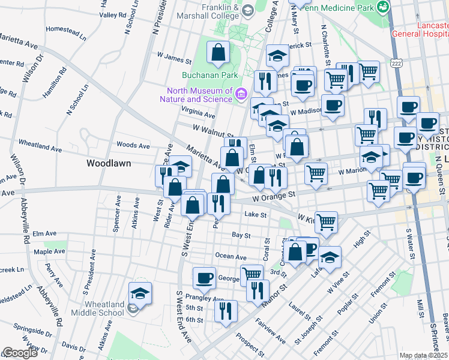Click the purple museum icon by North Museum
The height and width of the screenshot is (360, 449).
pyautogui.click(x=241, y=94)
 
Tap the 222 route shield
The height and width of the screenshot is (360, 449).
pyautogui.click(x=396, y=62)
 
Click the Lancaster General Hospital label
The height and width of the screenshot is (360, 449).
pyautogui.click(x=420, y=30)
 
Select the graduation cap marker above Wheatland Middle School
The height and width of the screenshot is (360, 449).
pyautogui.click(x=140, y=293)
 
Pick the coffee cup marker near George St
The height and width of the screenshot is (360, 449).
pyautogui.click(x=204, y=278)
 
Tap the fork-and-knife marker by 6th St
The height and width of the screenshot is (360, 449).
pyautogui.click(x=226, y=311)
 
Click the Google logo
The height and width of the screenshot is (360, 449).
pyautogui.click(x=20, y=353)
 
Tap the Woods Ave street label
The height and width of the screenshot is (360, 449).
pyautogui.click(x=133, y=145)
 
